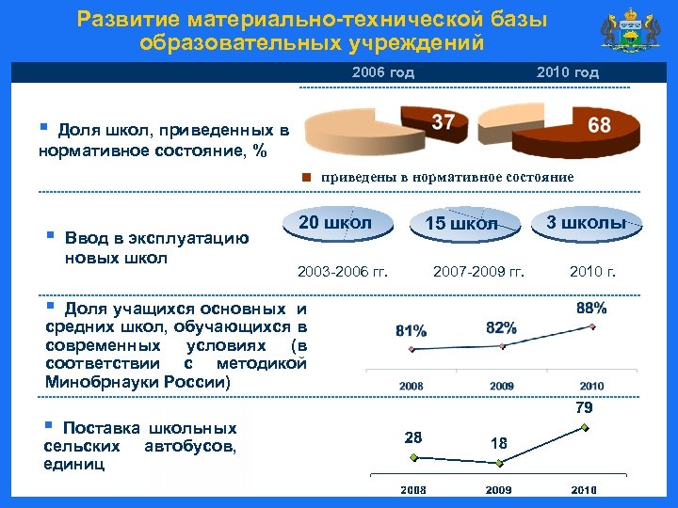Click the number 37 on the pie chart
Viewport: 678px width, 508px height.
[444, 122]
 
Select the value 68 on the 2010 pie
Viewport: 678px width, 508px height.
[599, 125]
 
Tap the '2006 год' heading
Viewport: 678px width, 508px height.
[382, 72]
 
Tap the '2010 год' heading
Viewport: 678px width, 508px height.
[567, 72]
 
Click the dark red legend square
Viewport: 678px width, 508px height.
[307, 177]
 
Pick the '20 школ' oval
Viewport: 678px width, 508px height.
[334, 223]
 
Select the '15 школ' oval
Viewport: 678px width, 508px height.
[461, 224]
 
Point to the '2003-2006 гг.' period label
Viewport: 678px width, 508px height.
[342, 273]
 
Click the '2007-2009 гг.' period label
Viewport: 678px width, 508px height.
[478, 273]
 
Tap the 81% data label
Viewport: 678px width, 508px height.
[411, 331]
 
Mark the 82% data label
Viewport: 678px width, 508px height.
[501, 327]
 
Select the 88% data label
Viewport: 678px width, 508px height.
[591, 308]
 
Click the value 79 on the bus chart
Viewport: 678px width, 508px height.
[584, 408]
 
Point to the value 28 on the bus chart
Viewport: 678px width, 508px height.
[413, 437]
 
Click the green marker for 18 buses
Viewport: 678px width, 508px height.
[502, 463]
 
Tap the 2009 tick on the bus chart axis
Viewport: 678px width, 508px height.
[498, 490]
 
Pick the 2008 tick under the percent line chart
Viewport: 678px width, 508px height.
[411, 386]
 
